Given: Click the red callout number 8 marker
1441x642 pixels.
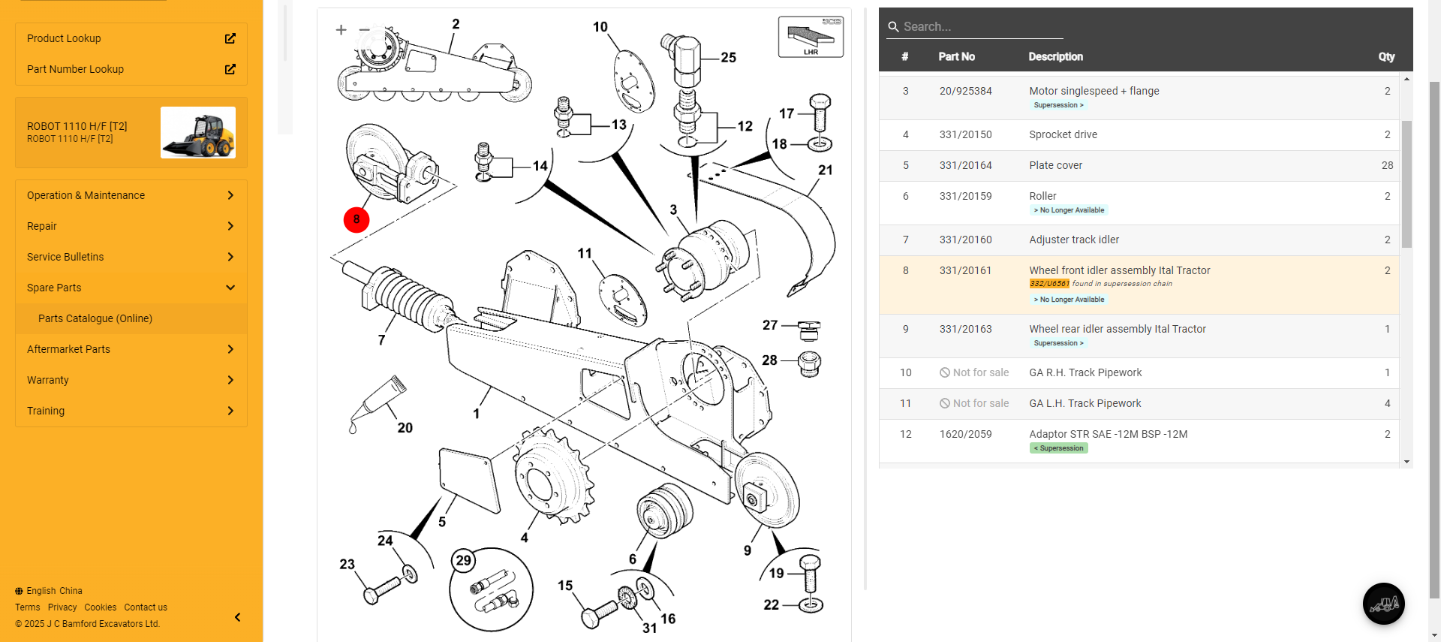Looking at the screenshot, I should (356, 220).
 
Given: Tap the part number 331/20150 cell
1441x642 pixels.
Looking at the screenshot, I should (965, 135).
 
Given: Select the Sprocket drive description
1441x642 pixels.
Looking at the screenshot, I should (1063, 135).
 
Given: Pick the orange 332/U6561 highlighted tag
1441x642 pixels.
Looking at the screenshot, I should (1048, 284).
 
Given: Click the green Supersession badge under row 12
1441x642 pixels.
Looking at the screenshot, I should (1058, 448).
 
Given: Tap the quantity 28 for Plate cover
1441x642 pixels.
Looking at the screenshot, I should (1387, 166).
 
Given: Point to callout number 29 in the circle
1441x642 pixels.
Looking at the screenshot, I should (464, 560).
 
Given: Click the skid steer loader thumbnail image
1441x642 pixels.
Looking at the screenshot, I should (198, 133).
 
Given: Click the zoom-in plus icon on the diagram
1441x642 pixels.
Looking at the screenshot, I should (341, 30).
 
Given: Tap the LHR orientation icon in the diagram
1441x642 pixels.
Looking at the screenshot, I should (811, 37).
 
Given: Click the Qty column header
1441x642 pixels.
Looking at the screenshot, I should (1386, 57).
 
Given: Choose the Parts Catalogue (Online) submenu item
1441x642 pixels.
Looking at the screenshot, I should (95, 318).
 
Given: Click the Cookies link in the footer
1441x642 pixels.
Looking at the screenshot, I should (100, 607).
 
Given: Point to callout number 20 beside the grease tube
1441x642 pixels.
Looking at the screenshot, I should (405, 428).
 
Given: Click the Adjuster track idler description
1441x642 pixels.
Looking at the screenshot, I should (1073, 240).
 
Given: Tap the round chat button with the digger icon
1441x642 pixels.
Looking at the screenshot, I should (1383, 604).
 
